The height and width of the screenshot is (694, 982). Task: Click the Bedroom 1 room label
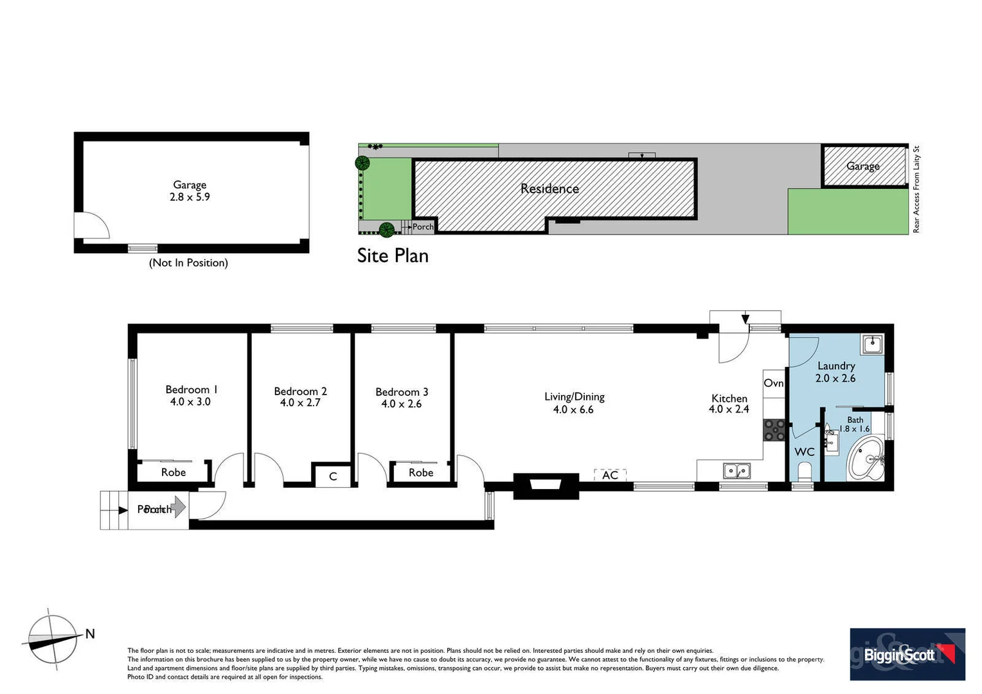tap(191, 389)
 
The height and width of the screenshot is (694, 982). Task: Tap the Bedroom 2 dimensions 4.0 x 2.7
tap(300, 403)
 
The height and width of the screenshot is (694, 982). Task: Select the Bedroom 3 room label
tap(402, 392)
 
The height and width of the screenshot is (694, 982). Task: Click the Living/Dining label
tap(574, 397)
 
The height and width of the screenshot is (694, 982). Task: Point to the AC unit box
tap(610, 475)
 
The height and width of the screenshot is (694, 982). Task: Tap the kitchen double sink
tap(736, 471)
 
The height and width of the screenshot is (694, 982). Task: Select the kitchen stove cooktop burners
tap(774, 430)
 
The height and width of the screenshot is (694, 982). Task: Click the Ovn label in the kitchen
tap(773, 383)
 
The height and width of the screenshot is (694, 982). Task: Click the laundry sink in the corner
tap(872, 344)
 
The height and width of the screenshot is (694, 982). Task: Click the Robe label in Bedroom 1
tap(173, 472)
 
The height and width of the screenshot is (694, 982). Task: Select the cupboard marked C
tap(332, 476)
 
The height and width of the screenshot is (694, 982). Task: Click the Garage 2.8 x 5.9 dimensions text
tap(190, 197)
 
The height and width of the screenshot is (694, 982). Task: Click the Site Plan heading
tap(393, 256)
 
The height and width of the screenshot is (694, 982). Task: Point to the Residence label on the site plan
tap(549, 189)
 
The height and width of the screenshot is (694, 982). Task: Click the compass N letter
tap(90, 634)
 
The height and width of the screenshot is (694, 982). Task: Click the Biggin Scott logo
tap(907, 654)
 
